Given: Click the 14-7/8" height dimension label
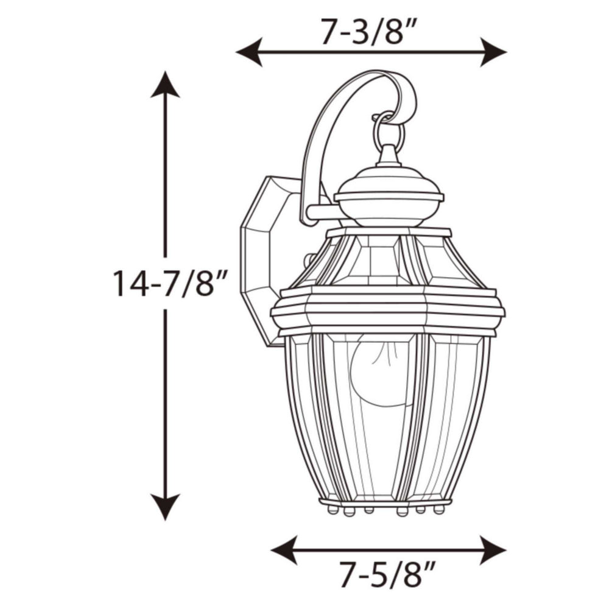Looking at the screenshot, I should tap(170, 283).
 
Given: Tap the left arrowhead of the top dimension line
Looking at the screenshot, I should tap(248, 52).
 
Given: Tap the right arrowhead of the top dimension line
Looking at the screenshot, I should tap(495, 52).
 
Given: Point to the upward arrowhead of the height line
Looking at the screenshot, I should tap(165, 85).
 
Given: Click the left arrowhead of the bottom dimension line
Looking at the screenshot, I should tap(283, 550).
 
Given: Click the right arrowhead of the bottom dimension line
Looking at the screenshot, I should tap(493, 550).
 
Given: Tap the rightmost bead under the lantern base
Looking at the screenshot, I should tap(440, 509).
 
